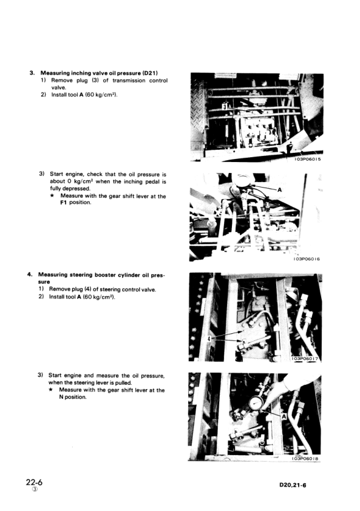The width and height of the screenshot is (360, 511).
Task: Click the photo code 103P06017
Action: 306,359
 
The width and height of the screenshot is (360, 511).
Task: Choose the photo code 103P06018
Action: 306,458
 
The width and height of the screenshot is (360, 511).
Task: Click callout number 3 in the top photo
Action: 225,107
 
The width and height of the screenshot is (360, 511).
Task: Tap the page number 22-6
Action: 34,482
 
